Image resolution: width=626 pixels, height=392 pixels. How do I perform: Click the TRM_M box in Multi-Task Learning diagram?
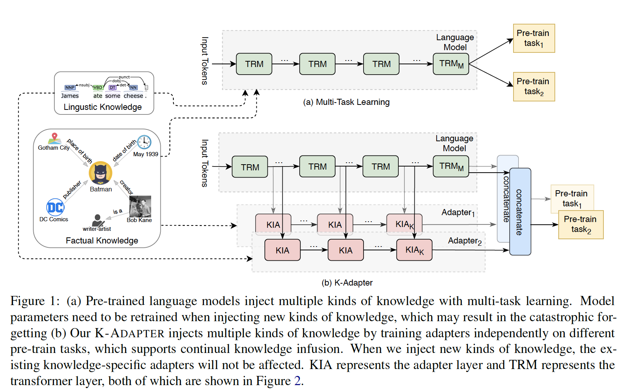[x=451, y=64]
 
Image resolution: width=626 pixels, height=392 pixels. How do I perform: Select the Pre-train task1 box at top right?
[x=533, y=38]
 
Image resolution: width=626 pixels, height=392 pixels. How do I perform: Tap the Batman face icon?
[x=101, y=173]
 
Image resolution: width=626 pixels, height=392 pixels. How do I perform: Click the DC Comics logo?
[x=55, y=207]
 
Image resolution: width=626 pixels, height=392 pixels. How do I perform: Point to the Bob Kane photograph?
[x=140, y=207]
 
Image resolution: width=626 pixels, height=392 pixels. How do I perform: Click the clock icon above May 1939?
[x=144, y=142]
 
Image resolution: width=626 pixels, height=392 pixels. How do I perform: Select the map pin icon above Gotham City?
[x=55, y=138]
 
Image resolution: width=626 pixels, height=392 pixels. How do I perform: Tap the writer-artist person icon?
[x=97, y=220]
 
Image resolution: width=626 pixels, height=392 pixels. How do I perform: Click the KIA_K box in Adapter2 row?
[x=414, y=250]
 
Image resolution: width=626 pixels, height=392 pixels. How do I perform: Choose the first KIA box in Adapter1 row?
[x=273, y=224]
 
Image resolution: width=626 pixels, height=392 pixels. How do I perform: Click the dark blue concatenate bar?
[x=520, y=212]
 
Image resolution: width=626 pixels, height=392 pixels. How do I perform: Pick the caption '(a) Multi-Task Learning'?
[x=346, y=102]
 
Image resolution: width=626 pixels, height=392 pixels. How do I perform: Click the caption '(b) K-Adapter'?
[x=347, y=283]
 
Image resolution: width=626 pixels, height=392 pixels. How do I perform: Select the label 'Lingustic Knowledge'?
[x=103, y=107]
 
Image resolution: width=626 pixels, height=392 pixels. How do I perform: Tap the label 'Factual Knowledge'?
[x=102, y=241]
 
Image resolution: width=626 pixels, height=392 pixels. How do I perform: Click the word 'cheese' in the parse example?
[x=133, y=96]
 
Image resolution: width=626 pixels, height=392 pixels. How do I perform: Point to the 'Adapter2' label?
[x=465, y=241]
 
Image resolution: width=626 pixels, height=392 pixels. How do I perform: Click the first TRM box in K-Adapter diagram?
[x=250, y=167]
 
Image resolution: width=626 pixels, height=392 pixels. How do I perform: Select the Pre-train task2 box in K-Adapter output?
[x=580, y=225]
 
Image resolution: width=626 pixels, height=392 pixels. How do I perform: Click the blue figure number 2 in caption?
[x=297, y=381]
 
